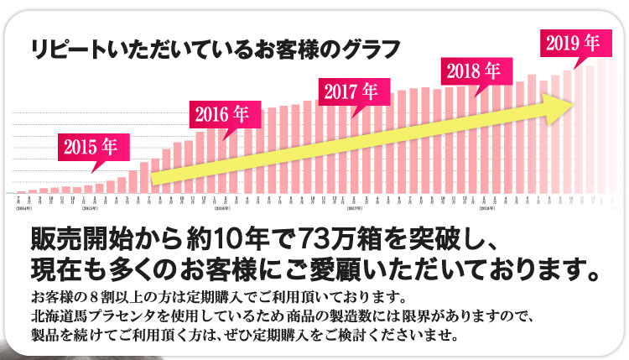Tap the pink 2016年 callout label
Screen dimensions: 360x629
(221, 113)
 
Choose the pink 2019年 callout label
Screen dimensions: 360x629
(572, 42)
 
